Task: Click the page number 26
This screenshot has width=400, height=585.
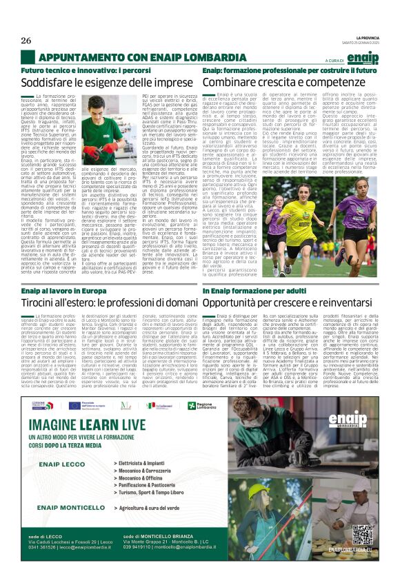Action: [x=27, y=41]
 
